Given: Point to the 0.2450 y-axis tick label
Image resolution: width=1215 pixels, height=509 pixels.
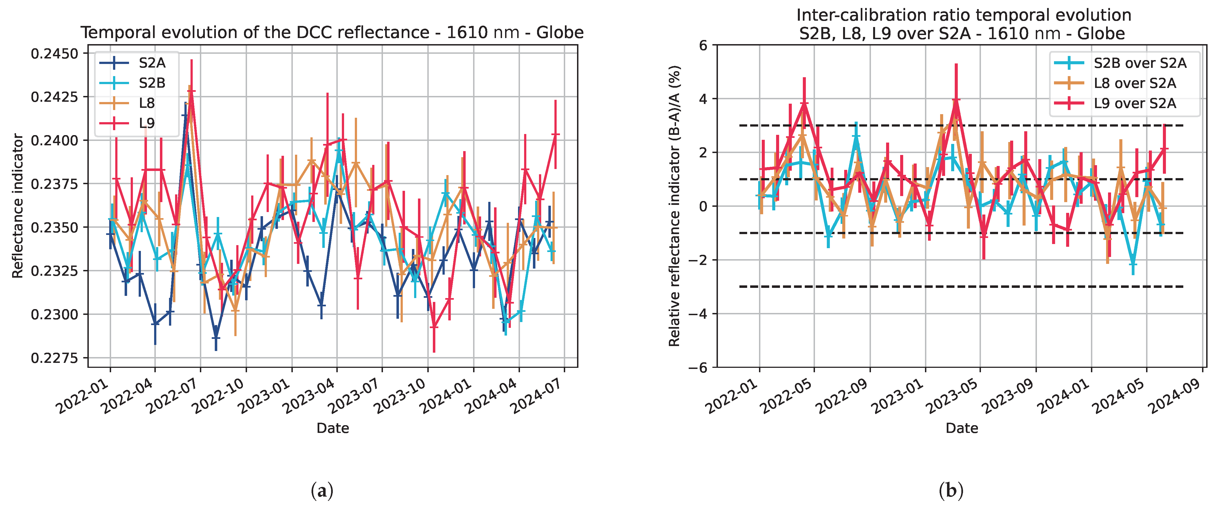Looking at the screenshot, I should coord(54,54).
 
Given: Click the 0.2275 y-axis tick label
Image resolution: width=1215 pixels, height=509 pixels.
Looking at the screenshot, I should coord(54,358).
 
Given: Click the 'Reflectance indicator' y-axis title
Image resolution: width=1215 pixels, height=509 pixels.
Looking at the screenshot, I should coord(18,206).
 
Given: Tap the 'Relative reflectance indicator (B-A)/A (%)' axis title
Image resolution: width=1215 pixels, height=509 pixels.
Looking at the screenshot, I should coord(674,206).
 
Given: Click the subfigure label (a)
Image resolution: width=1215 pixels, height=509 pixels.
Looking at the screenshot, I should coord(322,491).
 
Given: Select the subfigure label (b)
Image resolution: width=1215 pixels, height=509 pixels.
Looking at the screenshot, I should coord(951,491).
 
